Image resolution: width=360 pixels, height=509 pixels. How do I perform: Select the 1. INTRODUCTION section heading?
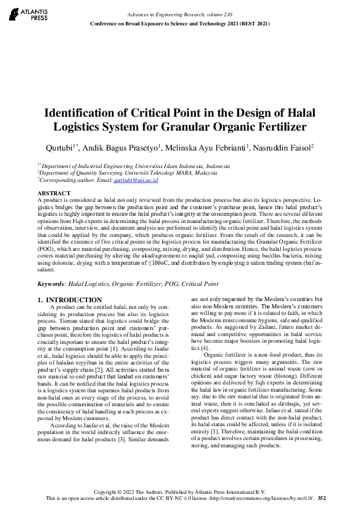(x=70, y=300)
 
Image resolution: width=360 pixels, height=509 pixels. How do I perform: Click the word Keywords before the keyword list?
(x=51, y=284)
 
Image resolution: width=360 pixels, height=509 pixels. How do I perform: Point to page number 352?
(x=321, y=499)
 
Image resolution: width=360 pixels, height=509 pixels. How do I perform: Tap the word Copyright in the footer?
(x=107, y=492)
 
